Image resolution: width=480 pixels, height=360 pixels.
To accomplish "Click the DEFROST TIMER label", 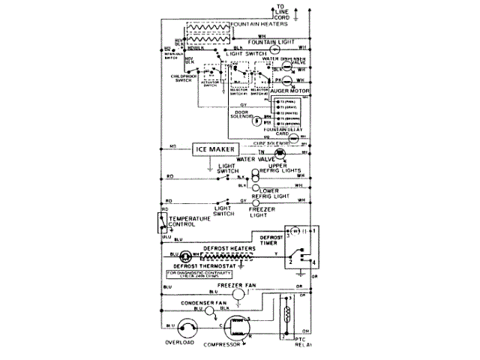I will pyautogui.click(x=271, y=239).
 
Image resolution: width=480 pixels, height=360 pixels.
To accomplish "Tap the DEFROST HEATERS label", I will pyautogui.click(x=225, y=247).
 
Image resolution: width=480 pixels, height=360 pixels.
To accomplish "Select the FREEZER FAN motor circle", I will pyautogui.click(x=238, y=295).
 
